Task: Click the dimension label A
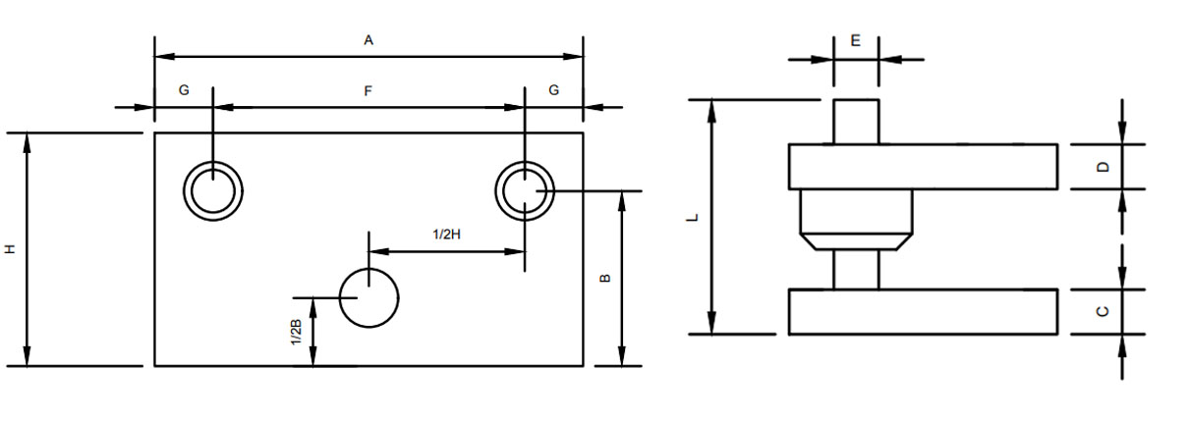[x=368, y=40]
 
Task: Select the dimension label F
[x=368, y=91]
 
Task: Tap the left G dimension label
[x=184, y=90]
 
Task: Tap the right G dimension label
[x=554, y=90]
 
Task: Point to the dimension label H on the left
[x=11, y=249]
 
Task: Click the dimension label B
[x=605, y=278]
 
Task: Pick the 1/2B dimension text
[x=296, y=333]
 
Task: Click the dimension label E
[x=856, y=41]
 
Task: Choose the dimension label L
[x=693, y=217]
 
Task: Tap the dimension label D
[x=1104, y=167]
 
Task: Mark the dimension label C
[x=1104, y=311]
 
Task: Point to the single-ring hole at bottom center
[x=368, y=296]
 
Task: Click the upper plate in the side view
[x=923, y=167]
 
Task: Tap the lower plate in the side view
[x=923, y=312]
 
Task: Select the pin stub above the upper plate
[x=856, y=122]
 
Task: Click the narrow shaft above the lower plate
[x=856, y=270]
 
